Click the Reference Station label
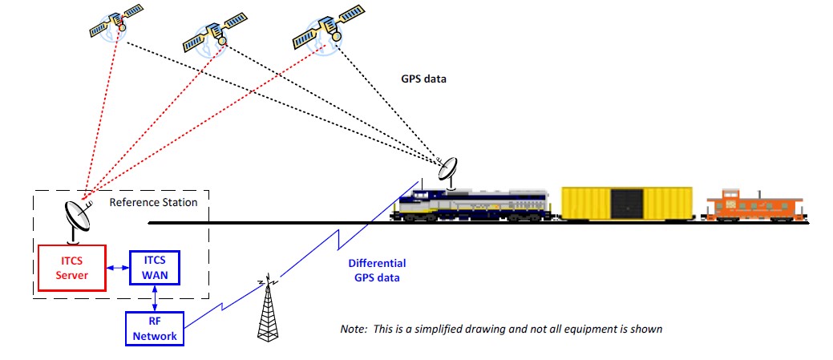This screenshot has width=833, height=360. tap(153, 203)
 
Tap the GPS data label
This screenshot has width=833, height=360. tap(423, 79)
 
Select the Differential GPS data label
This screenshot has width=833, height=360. tap(377, 270)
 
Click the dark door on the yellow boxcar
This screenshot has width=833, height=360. tap(626, 204)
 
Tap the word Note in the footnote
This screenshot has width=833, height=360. tap(353, 330)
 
